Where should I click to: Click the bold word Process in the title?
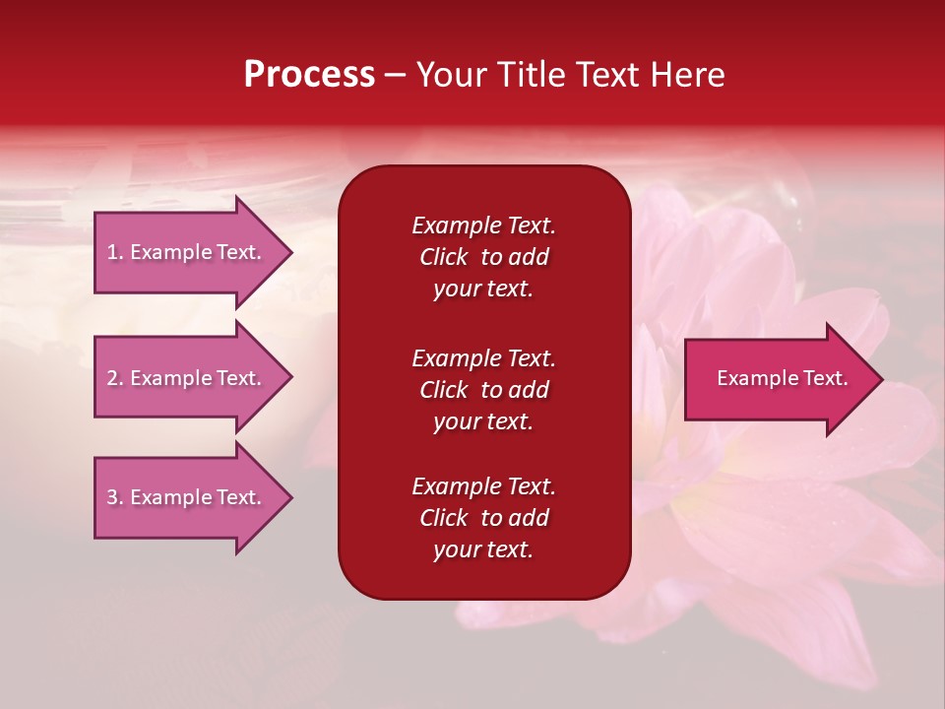(309, 75)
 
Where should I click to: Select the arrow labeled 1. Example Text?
(184, 252)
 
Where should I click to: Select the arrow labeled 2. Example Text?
(184, 378)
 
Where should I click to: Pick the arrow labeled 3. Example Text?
(184, 497)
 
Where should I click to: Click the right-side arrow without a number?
(778, 378)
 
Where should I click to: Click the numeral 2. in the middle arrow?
(115, 378)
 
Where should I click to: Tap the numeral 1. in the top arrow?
(115, 252)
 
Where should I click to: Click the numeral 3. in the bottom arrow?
(115, 497)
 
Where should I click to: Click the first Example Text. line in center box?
(483, 226)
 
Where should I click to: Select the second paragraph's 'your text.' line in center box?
(483, 421)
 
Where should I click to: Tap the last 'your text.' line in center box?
(483, 549)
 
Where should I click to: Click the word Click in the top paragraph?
(443, 257)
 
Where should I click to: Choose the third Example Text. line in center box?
(483, 486)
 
